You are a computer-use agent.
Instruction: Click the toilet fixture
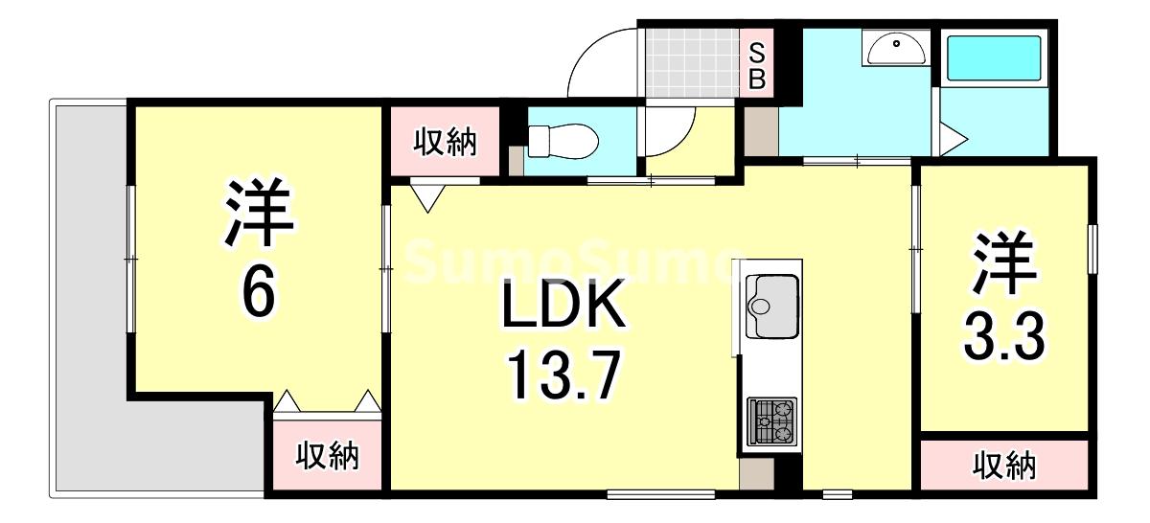click(563, 143)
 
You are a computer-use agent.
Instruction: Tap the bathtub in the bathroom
click(994, 58)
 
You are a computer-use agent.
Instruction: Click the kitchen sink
click(771, 304)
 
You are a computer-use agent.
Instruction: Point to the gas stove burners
click(772, 421)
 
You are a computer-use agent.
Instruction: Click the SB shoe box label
click(756, 64)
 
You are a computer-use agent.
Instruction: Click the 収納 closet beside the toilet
click(445, 143)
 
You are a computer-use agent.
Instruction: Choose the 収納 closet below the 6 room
click(327, 457)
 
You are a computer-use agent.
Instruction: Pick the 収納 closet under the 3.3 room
click(1005, 466)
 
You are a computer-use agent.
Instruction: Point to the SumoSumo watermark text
click(565, 261)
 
